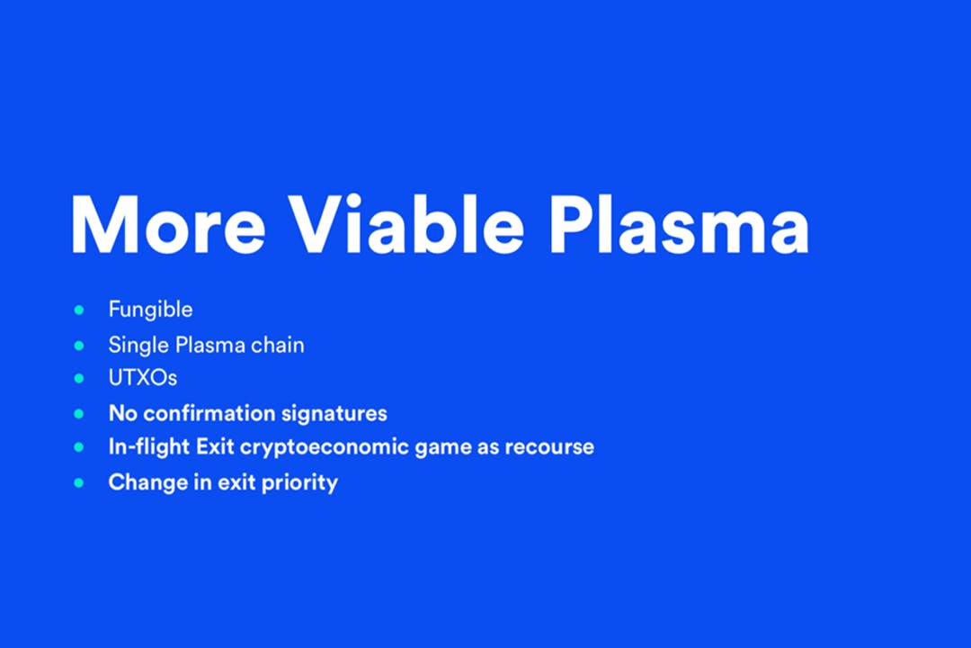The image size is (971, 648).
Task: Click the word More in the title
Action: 168,223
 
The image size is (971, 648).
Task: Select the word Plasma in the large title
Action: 679,223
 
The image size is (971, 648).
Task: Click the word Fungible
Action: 150,310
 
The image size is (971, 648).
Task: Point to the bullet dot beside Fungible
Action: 78,310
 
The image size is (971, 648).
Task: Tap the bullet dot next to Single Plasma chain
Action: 78,346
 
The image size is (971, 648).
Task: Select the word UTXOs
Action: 142,378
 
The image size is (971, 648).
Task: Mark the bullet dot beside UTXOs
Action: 78,378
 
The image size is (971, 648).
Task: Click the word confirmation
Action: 208,413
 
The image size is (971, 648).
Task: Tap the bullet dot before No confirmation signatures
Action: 78,414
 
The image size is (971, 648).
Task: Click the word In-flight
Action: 148,447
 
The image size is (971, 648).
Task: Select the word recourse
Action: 549,447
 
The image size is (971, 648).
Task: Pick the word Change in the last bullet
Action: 148,482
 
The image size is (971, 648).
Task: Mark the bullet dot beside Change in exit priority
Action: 78,482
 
